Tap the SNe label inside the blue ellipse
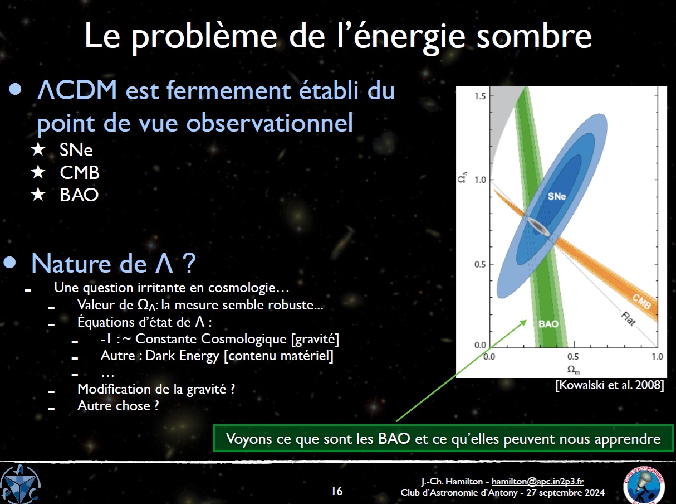click(556, 196)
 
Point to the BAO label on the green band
click(548, 324)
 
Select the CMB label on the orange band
click(641, 302)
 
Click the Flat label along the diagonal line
click(629, 319)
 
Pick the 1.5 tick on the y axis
click(480, 96)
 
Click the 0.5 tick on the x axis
click(573, 357)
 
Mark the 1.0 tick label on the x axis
click(658, 357)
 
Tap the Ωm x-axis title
click(574, 370)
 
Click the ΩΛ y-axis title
click(463, 177)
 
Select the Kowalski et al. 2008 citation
click(610, 385)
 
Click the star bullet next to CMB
click(38, 172)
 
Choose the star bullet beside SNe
click(38, 149)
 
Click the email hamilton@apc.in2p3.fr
click(538, 481)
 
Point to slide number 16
click(337, 491)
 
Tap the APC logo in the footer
click(21, 484)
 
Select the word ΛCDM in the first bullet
click(77, 90)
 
